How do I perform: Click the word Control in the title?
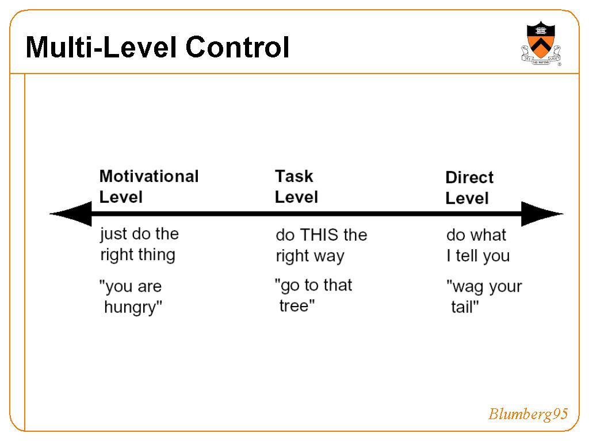click(238, 47)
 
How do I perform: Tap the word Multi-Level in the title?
click(101, 47)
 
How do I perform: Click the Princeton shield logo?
click(541, 43)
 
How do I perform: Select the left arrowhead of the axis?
click(71, 214)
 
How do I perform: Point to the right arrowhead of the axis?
click(542, 214)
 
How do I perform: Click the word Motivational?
click(149, 176)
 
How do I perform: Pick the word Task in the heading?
click(294, 176)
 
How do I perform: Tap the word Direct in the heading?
click(469, 177)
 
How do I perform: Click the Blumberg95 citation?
click(528, 414)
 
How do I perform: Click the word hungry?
click(131, 308)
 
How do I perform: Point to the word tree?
click(294, 306)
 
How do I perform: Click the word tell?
click(467, 256)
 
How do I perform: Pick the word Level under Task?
click(296, 198)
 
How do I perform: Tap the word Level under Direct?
click(467, 198)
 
